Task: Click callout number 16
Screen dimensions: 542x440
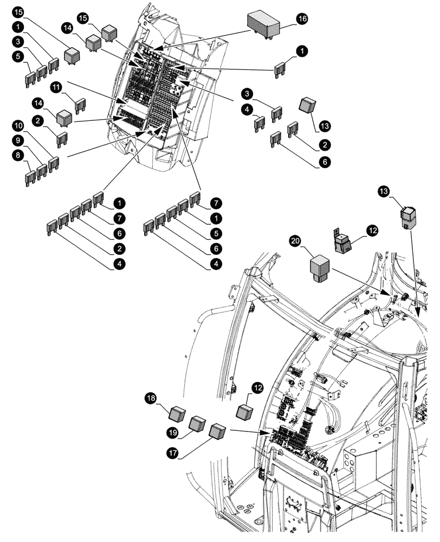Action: coord(301,18)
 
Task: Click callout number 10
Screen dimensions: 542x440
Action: coord(18,126)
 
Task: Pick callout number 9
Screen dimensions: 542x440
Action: coord(18,140)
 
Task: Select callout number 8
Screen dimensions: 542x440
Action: coord(18,154)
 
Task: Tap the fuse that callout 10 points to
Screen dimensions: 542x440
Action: coord(54,163)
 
